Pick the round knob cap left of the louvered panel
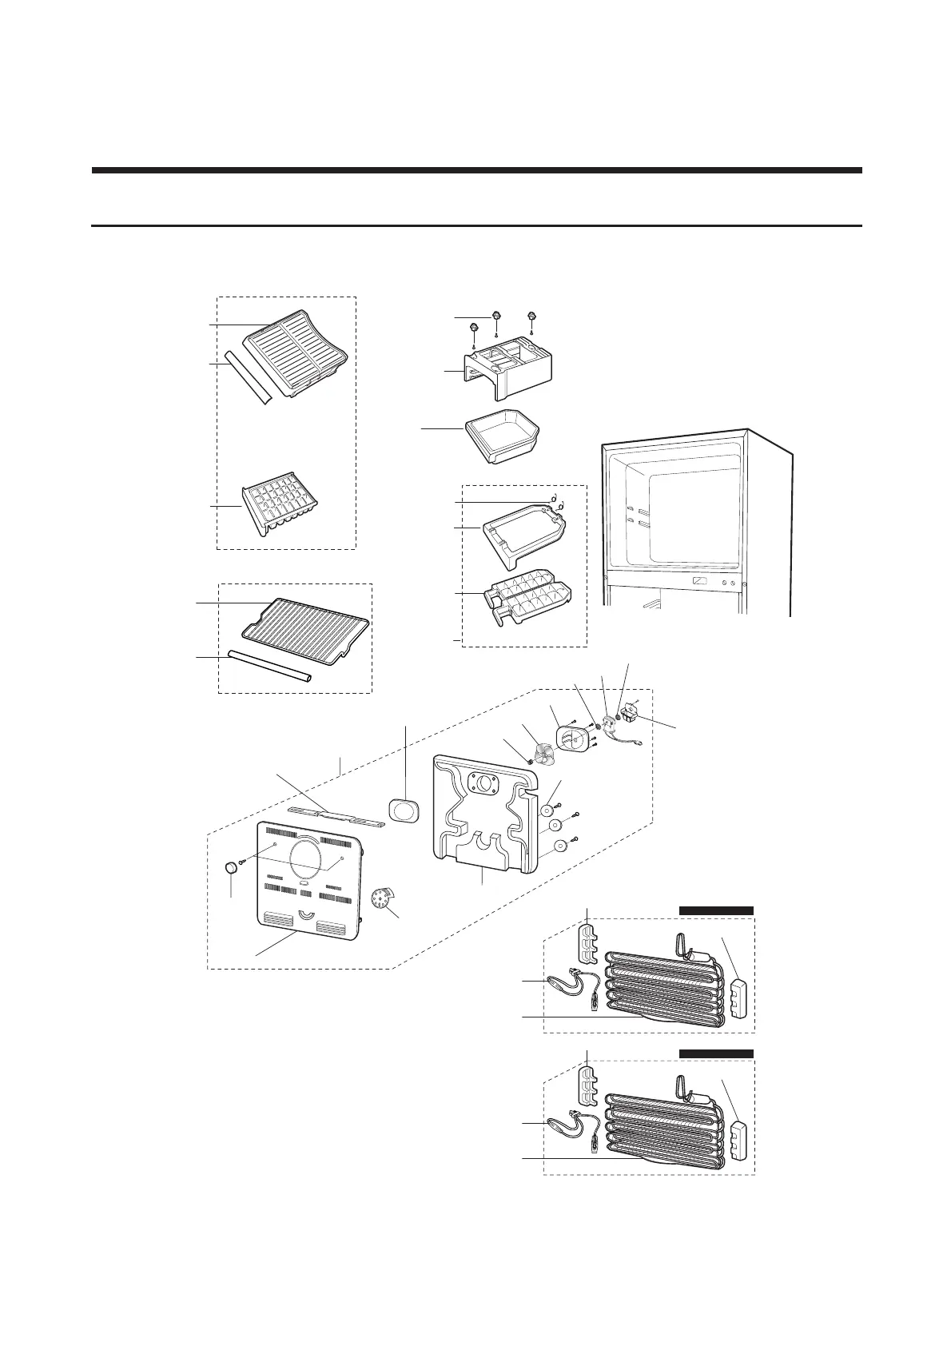coord(230,869)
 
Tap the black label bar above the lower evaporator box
coord(716,1053)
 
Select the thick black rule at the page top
coord(476,170)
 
